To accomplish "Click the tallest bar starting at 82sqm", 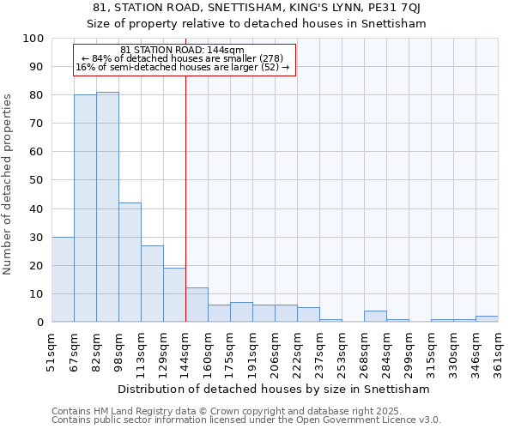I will pyautogui.click(x=107, y=207).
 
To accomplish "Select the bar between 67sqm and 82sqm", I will pyautogui.click(x=85, y=208).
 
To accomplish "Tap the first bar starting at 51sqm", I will pyautogui.click(x=63, y=279).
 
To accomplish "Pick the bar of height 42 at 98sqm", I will pyautogui.click(x=130, y=263).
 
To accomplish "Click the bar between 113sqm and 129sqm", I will pyautogui.click(x=152, y=284).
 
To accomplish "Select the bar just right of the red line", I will pyautogui.click(x=197, y=305).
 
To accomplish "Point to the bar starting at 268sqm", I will pyautogui.click(x=375, y=317).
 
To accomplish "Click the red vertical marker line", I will pyautogui.click(x=185, y=214).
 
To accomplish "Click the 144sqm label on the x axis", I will pyautogui.click(x=186, y=351).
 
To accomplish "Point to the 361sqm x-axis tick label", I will pyautogui.click(x=499, y=351).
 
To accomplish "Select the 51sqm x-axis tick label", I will pyautogui.click(x=52, y=351).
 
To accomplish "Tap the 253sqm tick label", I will pyautogui.click(x=342, y=351).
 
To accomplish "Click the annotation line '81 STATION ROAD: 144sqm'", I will pyautogui.click(x=183, y=51).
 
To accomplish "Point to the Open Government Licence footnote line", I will pyautogui.click(x=246, y=420).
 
